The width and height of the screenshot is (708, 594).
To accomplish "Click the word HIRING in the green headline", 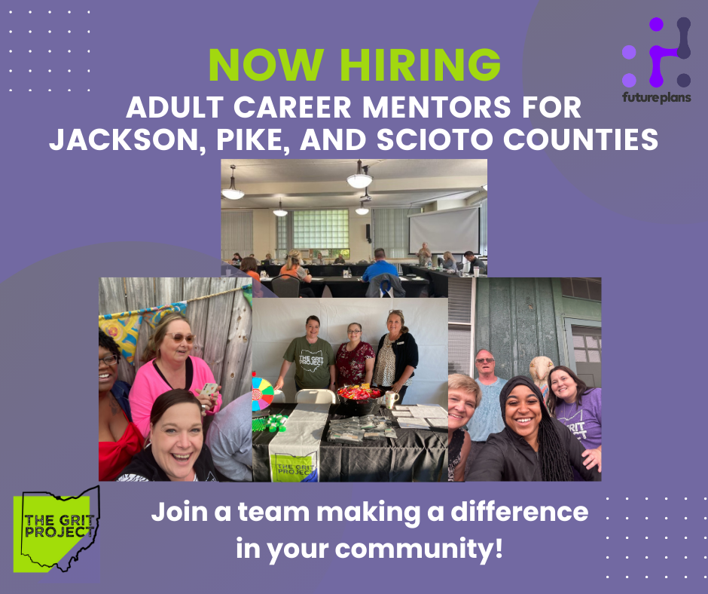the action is click(420, 64).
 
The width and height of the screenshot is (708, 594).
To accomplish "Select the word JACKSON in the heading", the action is click(124, 140).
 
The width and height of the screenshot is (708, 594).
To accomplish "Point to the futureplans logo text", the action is click(657, 97).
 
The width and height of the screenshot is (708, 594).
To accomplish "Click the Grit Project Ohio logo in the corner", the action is click(56, 529).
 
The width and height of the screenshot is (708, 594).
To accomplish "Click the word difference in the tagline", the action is click(519, 512).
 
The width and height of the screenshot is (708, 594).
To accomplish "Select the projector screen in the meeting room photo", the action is click(444, 230).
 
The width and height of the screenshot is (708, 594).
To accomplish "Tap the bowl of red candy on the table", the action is click(359, 394).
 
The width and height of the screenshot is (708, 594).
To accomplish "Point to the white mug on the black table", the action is click(392, 400).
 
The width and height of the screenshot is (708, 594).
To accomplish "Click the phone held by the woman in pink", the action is click(209, 389).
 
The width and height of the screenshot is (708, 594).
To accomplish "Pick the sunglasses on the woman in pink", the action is click(180, 337).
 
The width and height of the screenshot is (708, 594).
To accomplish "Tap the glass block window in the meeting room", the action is click(321, 228).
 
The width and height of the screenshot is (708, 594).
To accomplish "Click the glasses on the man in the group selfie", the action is click(485, 360).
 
